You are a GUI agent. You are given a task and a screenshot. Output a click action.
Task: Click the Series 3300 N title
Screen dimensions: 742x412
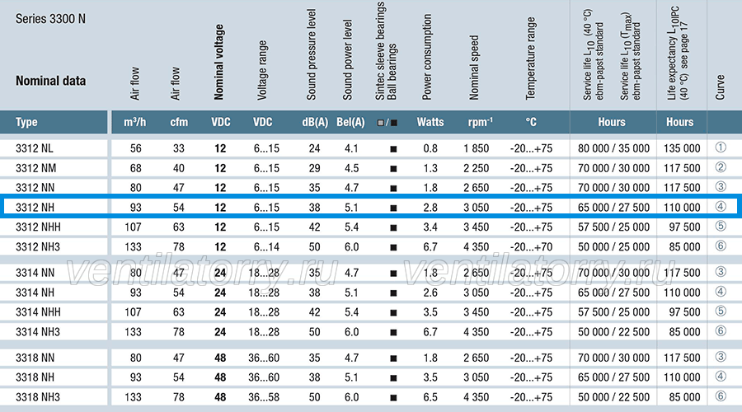[x=50, y=19]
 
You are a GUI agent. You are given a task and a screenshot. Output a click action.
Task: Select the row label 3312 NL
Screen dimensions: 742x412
[x=34, y=148]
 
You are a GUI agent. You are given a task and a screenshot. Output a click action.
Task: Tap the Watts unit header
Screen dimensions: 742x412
[x=430, y=122]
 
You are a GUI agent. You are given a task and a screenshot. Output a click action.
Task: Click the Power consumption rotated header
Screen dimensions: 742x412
[x=427, y=57]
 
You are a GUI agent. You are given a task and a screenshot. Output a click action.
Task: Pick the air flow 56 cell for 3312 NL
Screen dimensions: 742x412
[x=136, y=148]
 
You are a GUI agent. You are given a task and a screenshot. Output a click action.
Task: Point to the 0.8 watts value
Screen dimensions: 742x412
[x=430, y=148]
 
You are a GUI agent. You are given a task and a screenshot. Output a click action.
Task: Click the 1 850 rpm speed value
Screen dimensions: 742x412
[x=476, y=148]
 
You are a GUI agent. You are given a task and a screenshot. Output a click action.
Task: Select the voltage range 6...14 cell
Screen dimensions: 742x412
[x=266, y=247]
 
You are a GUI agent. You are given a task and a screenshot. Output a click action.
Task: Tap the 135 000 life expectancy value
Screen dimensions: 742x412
[x=682, y=148]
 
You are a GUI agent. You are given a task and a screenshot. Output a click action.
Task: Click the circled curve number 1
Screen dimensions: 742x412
[x=721, y=147]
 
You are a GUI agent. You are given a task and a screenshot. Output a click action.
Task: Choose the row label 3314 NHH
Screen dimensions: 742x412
[x=38, y=312]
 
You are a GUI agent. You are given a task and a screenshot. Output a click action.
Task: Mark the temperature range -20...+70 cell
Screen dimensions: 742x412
[x=531, y=247]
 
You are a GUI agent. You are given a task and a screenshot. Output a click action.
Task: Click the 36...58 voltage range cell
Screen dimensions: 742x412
[x=264, y=397]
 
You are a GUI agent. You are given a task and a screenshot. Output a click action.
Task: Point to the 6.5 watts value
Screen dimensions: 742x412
[x=430, y=397]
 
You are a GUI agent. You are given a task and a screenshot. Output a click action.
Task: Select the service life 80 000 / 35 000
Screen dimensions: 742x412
[x=613, y=148]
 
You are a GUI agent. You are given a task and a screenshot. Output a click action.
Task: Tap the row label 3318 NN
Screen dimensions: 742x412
[x=35, y=358]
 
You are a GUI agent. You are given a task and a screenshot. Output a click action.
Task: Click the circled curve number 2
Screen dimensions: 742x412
[x=721, y=167]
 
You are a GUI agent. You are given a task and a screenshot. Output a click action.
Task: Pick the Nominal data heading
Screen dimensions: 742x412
[x=50, y=81]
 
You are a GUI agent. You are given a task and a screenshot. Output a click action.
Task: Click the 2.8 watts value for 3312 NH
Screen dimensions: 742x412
[x=430, y=208]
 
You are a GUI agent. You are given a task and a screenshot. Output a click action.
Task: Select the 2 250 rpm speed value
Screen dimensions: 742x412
[x=476, y=168]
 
